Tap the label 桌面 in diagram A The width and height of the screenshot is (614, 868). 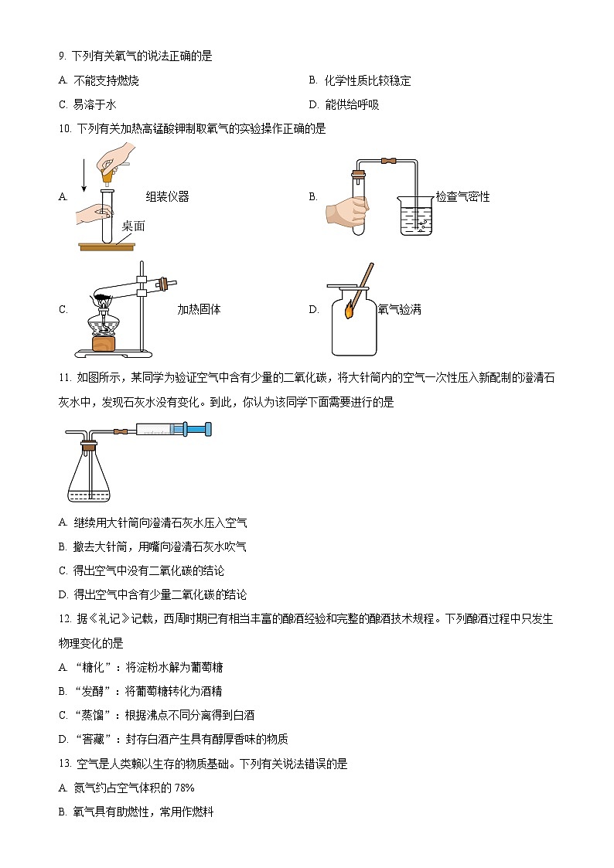pos(133,226)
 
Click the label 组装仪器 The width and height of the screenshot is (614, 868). pos(167,197)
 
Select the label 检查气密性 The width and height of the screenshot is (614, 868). pos(462,197)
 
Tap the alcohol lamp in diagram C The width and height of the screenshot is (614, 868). pos(103,325)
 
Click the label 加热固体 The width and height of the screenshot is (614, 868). pos(199,310)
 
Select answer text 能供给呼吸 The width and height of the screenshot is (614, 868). pos(352,105)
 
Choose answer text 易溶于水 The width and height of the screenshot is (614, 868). pos(94,105)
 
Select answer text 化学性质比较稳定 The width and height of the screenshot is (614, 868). pos(367,80)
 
